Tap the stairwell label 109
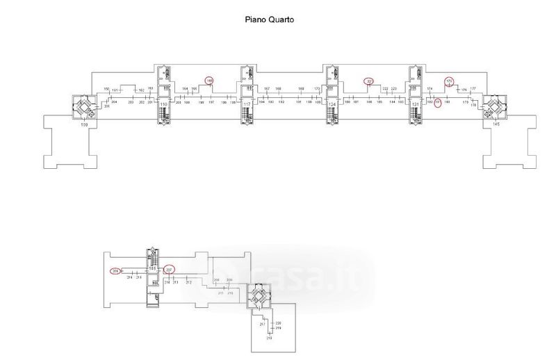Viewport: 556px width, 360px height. [84, 124]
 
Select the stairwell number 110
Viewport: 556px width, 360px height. [164, 105]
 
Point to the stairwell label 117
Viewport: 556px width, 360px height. [247, 105]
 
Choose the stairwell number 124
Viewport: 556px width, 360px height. [332, 105]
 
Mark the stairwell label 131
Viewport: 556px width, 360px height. [415, 105]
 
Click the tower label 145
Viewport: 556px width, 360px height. [496, 124]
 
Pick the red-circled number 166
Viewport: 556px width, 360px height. [209, 81]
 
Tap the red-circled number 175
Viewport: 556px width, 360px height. [449, 81]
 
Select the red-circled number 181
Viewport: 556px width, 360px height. [438, 101]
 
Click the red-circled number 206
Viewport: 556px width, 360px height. [115, 270]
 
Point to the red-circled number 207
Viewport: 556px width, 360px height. [170, 270]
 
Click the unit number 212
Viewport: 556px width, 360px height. [188, 283]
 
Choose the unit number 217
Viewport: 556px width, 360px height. [263, 325]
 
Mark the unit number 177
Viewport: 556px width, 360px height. [473, 89]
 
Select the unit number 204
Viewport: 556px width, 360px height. [113, 102]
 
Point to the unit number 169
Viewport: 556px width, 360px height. [301, 89]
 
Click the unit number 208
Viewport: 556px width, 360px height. [216, 279]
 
